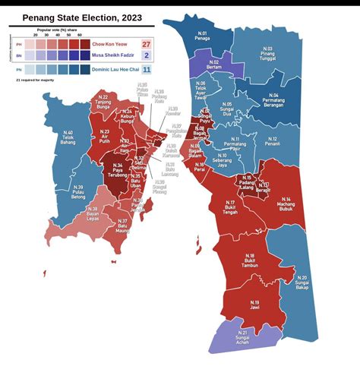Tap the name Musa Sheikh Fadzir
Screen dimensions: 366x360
tap(118, 56)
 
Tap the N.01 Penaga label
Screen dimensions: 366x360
tap(203, 36)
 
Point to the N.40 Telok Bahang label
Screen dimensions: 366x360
tap(68, 137)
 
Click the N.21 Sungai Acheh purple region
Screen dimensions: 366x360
tap(242, 336)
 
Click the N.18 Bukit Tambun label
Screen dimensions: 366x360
tap(251, 260)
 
